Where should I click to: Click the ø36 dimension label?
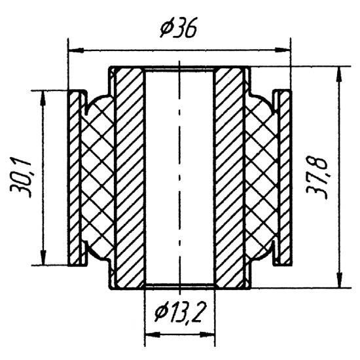tap(179, 28)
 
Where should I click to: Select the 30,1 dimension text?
tap(21, 177)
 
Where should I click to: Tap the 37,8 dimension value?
tap(316, 179)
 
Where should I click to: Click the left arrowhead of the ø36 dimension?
tap(76, 50)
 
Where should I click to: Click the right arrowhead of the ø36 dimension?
tap(283, 50)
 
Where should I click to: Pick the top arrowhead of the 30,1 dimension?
tap(43, 98)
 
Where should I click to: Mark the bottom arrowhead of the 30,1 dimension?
tap(43, 258)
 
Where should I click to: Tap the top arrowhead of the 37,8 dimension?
tap(340, 74)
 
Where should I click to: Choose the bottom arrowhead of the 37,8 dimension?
tap(340, 279)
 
